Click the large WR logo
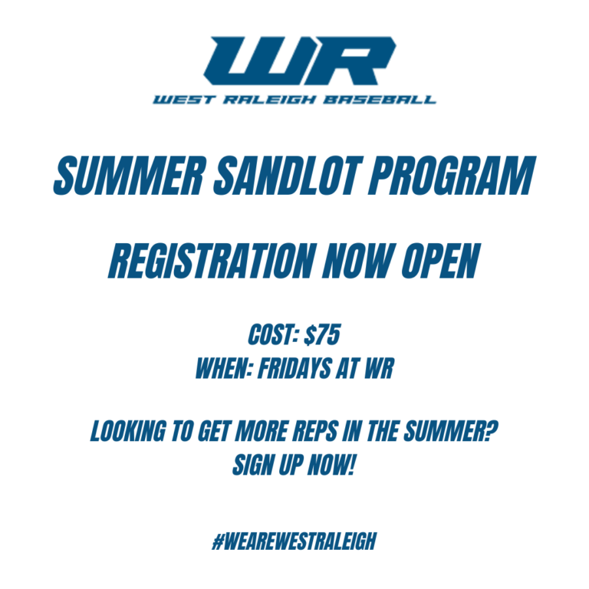(294, 61)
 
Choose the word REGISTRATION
(211, 261)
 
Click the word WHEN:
(222, 369)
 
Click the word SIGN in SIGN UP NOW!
(254, 464)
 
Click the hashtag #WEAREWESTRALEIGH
(294, 541)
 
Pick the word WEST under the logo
(176, 100)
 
